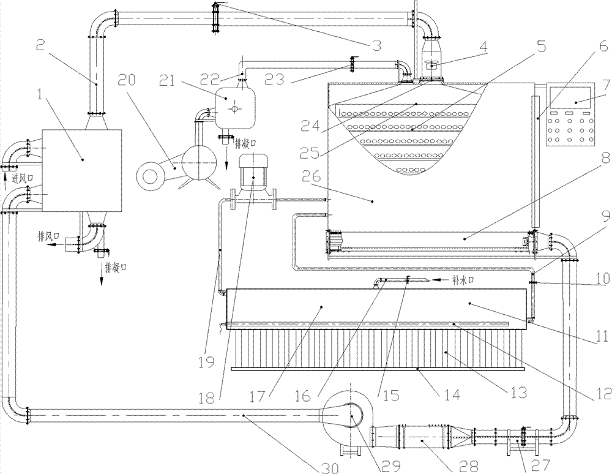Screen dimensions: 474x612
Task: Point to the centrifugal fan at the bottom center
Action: pos(350,415)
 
